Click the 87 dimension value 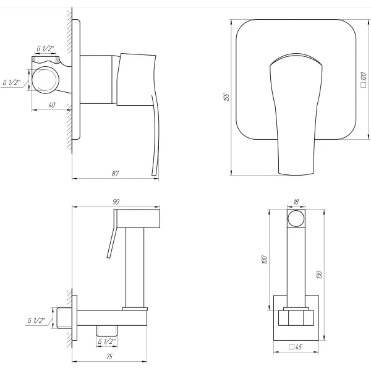pyautogui.click(x=115, y=174)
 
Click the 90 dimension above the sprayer pyautogui.click(x=116, y=202)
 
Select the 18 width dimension pyautogui.click(x=296, y=202)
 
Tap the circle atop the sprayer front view pyautogui.click(x=296, y=220)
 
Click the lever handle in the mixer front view pyautogui.click(x=295, y=114)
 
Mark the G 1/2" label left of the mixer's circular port pyautogui.click(x=14, y=82)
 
